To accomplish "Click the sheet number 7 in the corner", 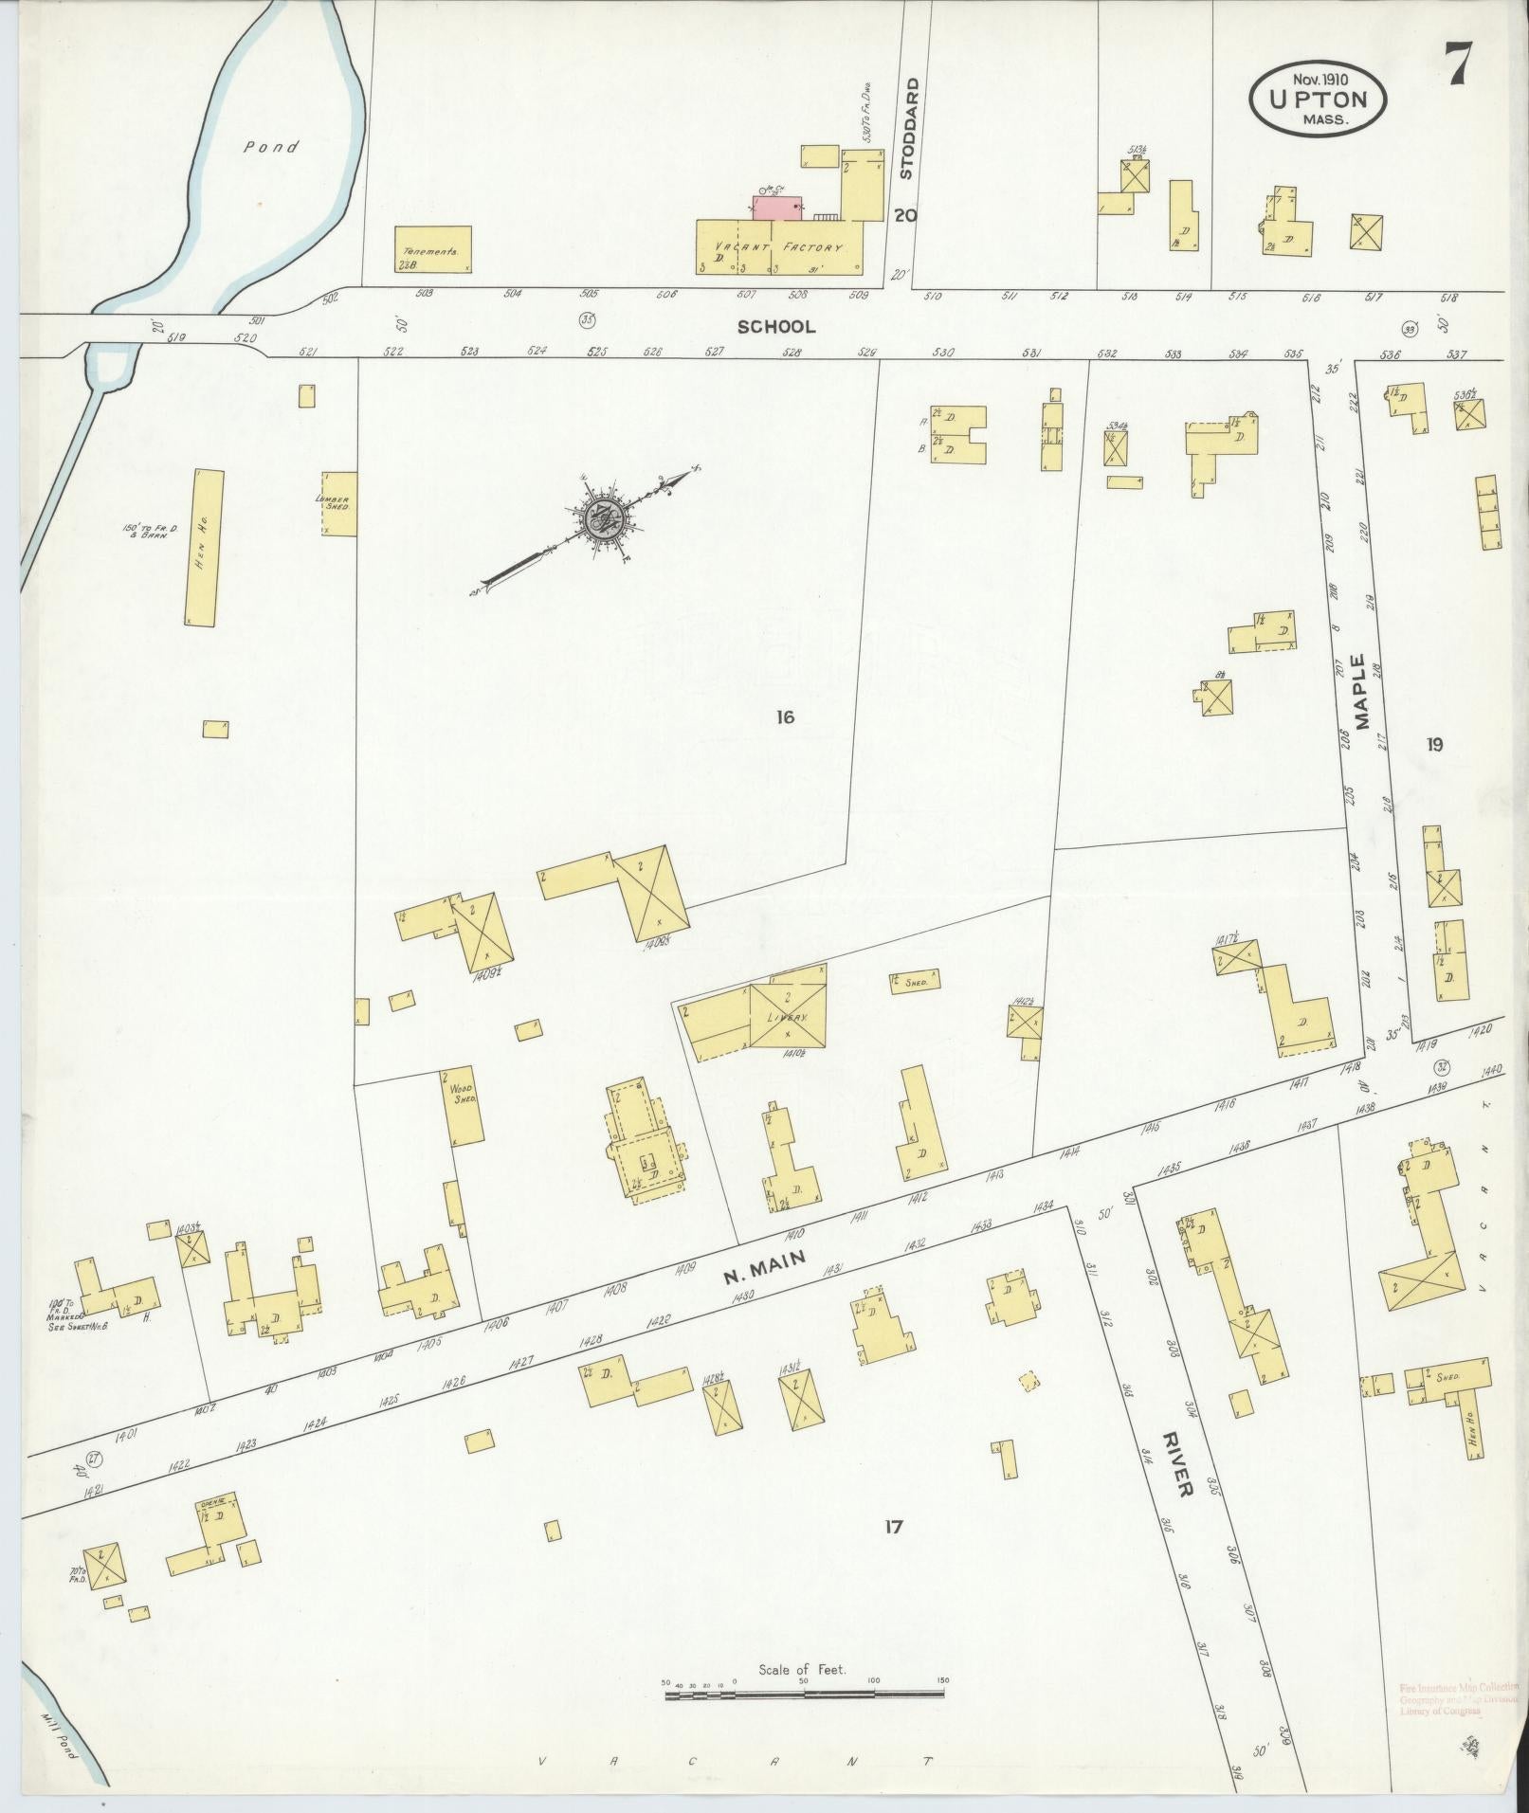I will click(1457, 66).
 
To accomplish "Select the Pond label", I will click(270, 147).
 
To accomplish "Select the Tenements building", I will click(432, 249).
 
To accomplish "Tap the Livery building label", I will click(788, 1016).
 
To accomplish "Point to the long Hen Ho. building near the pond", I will click(205, 547).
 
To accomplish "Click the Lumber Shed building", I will click(339, 503).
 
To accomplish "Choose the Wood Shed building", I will click(462, 1106).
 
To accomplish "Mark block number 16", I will click(784, 717).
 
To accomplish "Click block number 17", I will click(892, 1552).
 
